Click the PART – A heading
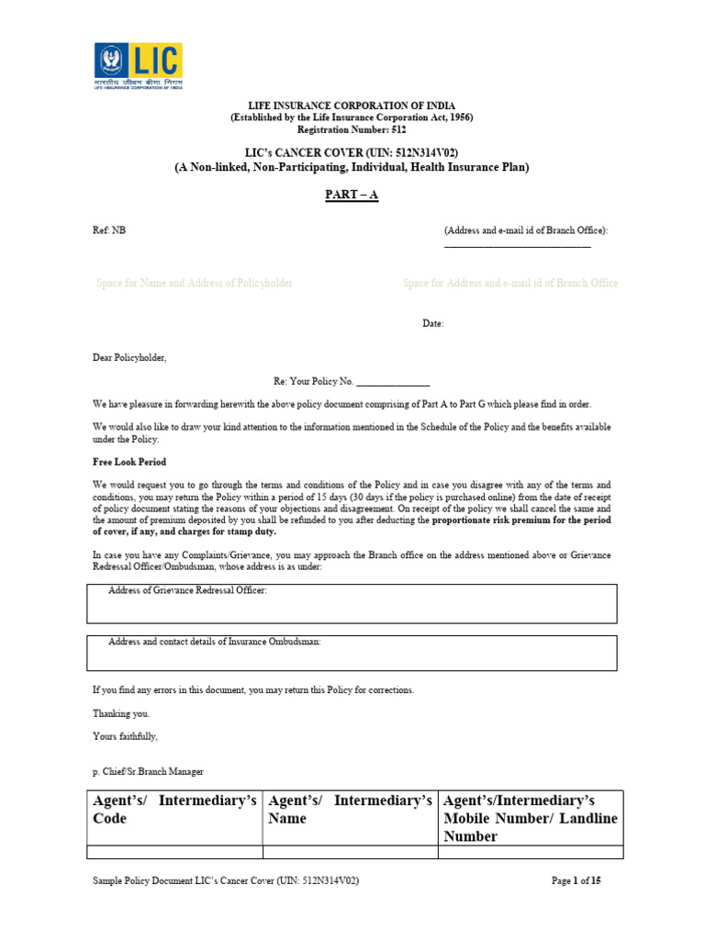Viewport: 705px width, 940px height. click(353, 196)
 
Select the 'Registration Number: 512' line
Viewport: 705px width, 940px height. click(353, 130)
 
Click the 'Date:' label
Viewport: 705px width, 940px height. click(432, 323)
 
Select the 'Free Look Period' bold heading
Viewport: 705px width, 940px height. click(129, 462)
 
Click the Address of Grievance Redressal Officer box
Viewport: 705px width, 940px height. click(352, 603)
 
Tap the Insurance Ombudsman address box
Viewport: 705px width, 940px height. click(352, 653)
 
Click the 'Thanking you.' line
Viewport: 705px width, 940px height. click(120, 713)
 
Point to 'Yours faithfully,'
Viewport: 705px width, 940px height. click(125, 736)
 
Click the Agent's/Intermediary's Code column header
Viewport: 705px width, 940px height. click(174, 810)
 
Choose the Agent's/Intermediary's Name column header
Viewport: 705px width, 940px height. click(350, 810)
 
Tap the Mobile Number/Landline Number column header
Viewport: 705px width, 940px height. click(531, 818)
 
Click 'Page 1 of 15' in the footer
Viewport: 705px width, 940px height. click(576, 880)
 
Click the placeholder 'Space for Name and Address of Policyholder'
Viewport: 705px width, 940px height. click(195, 283)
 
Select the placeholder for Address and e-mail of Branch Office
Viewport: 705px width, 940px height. click(510, 283)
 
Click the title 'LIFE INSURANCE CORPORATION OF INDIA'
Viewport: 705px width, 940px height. click(353, 106)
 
